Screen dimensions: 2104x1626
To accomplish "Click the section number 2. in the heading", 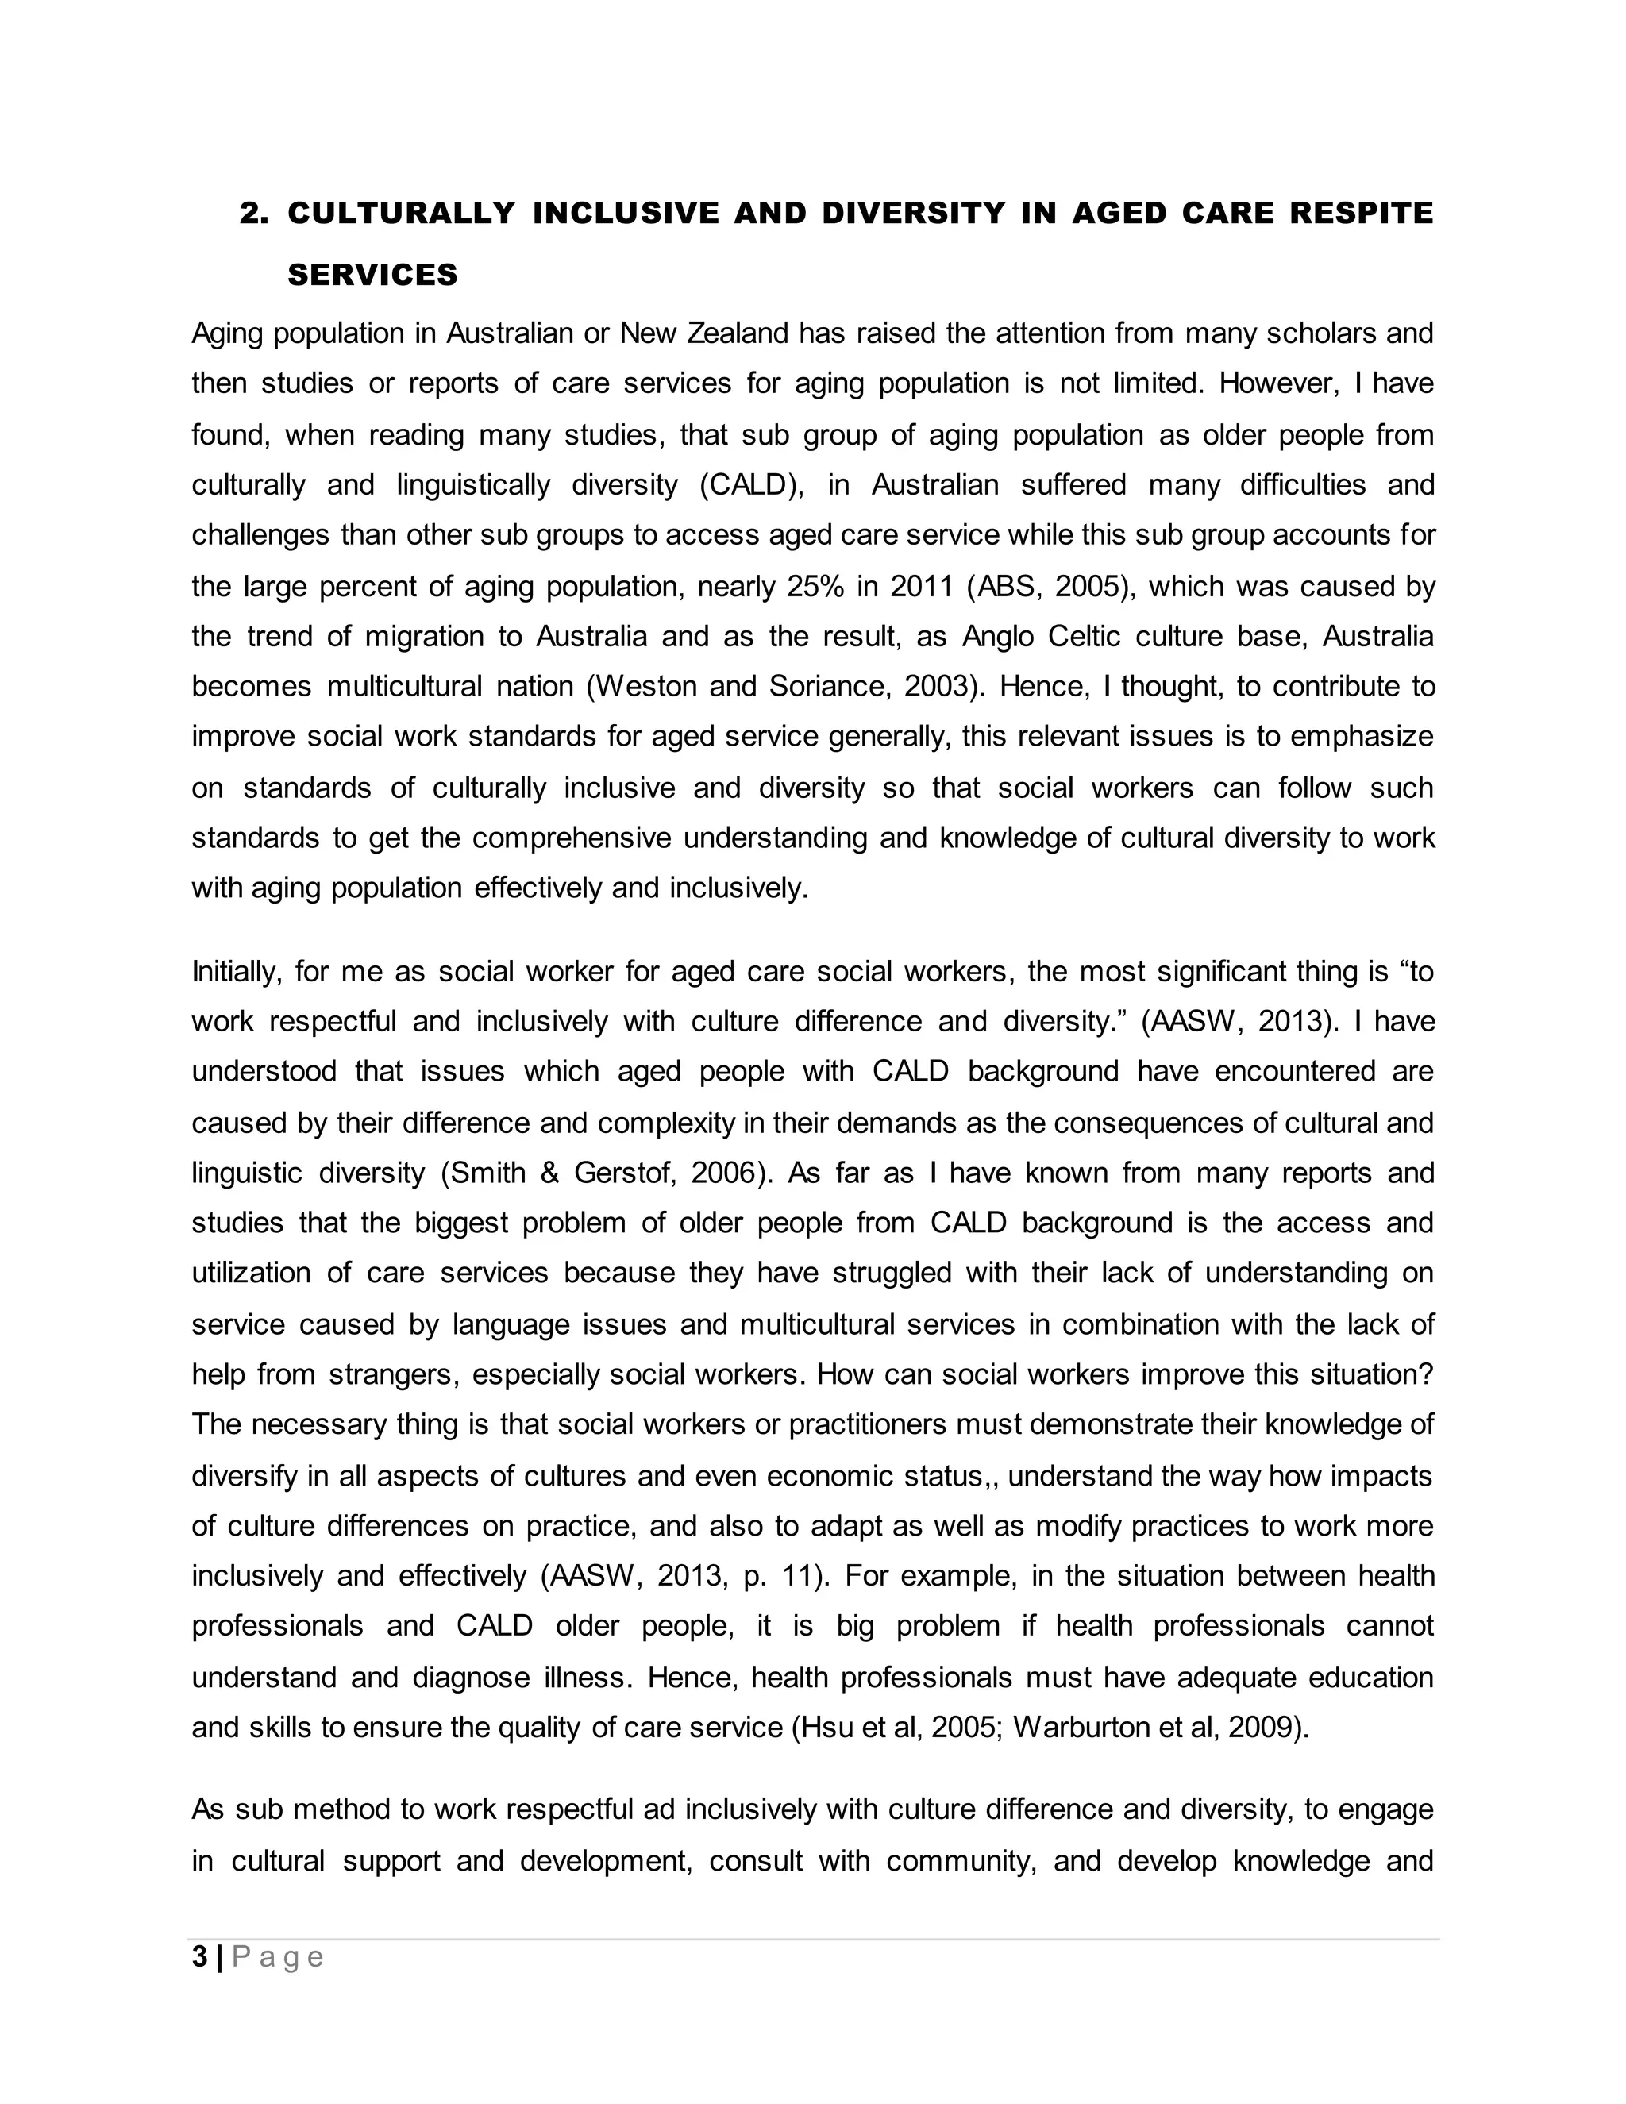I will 253,213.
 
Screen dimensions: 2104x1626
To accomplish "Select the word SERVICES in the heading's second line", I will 372,276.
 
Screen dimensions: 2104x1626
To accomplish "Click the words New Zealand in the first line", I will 704,334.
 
